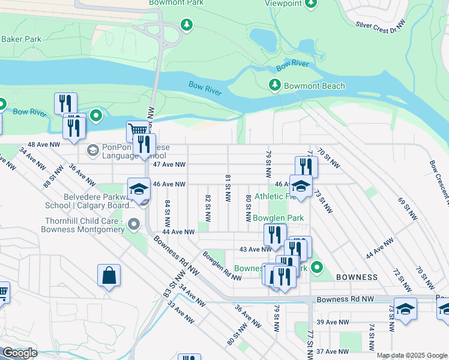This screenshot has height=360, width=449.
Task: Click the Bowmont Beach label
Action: pyautogui.click(x=315, y=86)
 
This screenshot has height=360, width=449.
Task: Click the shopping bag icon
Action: pyautogui.click(x=109, y=276)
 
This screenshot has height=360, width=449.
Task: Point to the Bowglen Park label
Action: pyautogui.click(x=278, y=218)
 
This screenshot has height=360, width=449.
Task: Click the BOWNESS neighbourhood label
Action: pyautogui.click(x=357, y=277)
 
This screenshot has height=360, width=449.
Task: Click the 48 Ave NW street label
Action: pyautogui.click(x=44, y=145)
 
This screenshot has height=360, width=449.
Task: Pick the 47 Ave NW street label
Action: pyautogui.click(x=169, y=164)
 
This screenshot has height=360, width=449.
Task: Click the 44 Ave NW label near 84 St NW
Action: pyautogui.click(x=178, y=232)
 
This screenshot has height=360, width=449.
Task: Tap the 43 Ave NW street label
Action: pyautogui.click(x=256, y=249)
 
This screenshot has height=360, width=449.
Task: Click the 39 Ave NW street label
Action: pyautogui.click(x=333, y=322)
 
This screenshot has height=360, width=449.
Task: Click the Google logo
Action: pyautogui.click(x=19, y=353)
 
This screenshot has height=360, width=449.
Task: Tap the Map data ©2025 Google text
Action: pyautogui.click(x=411, y=355)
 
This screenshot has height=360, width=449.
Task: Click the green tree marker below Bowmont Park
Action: pyautogui.click(x=187, y=25)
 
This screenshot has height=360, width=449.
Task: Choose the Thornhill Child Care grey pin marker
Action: pyautogui.click(x=133, y=225)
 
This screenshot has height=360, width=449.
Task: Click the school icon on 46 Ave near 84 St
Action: pyautogui.click(x=139, y=188)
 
